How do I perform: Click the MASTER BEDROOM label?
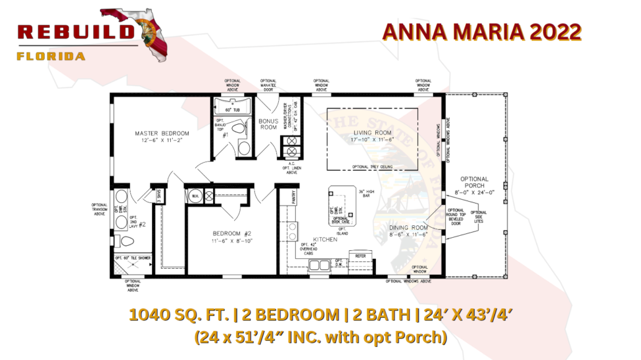pyautogui.click(x=162, y=133)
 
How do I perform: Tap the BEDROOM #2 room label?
pyautogui.click(x=231, y=234)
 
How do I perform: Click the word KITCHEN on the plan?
pyautogui.click(x=325, y=240)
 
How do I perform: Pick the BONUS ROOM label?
pyautogui.click(x=268, y=124)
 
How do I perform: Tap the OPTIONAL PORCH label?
pyautogui.click(x=474, y=182)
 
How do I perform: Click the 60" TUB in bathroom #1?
pyautogui.click(x=233, y=110)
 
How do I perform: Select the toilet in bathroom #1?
pyautogui.click(x=243, y=146)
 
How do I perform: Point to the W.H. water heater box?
pyautogui.click(x=196, y=196)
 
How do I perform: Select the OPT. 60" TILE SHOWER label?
pyautogui.click(x=133, y=258)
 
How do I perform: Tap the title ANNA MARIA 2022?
pyautogui.click(x=481, y=32)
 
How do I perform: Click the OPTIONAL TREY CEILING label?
pyautogui.click(x=372, y=167)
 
